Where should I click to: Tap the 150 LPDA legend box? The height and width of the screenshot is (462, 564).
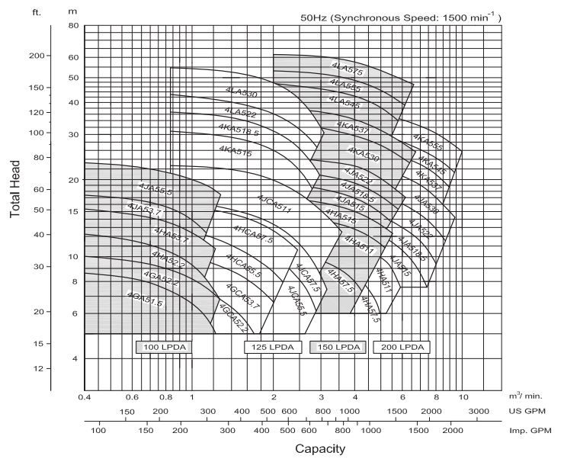pos(336,348)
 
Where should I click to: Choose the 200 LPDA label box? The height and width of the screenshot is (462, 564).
pos(402,348)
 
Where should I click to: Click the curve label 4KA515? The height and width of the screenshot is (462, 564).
pos(235,147)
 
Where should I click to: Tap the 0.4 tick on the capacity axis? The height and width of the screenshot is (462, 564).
pos(84,397)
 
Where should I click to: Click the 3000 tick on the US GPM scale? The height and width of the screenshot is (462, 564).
pos(478,411)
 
